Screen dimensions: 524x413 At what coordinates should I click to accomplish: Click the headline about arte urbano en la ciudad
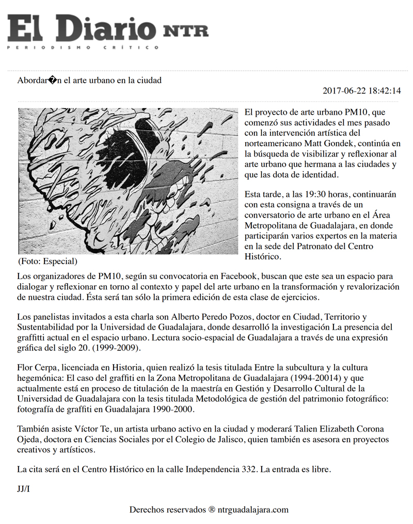click(x=89, y=80)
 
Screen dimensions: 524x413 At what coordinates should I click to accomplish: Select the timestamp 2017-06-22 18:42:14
click(x=361, y=91)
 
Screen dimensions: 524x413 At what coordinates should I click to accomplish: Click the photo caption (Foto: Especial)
click(x=47, y=261)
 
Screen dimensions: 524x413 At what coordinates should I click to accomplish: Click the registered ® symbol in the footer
click(x=212, y=510)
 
